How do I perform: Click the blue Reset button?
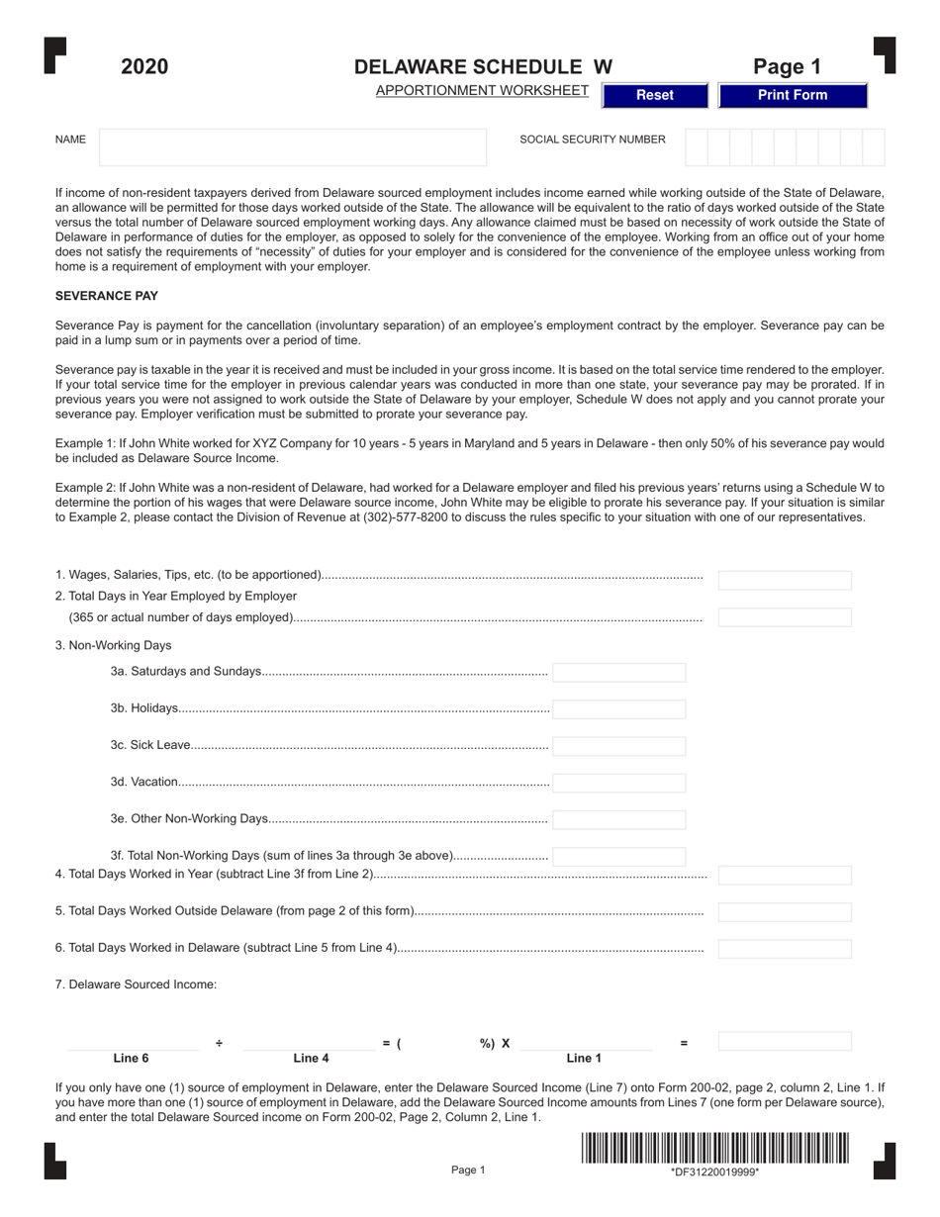click(654, 95)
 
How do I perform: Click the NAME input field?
click(293, 146)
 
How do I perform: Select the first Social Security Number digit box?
click(696, 146)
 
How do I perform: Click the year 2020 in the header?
click(144, 66)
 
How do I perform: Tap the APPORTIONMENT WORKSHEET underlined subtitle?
click(482, 91)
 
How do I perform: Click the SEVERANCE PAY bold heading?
click(107, 296)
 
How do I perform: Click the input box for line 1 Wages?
click(784, 581)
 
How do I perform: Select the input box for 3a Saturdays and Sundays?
click(618, 673)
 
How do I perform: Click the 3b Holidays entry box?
click(618, 709)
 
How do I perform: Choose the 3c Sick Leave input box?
click(618, 746)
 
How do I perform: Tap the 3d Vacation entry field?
click(618, 783)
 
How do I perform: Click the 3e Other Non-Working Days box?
click(618, 819)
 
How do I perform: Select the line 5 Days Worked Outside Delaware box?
click(784, 911)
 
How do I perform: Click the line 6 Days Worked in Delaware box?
click(784, 949)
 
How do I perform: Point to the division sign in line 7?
click(219, 1043)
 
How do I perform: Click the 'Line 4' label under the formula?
click(311, 1059)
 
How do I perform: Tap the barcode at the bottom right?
click(714, 1148)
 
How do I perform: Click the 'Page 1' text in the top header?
click(787, 66)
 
